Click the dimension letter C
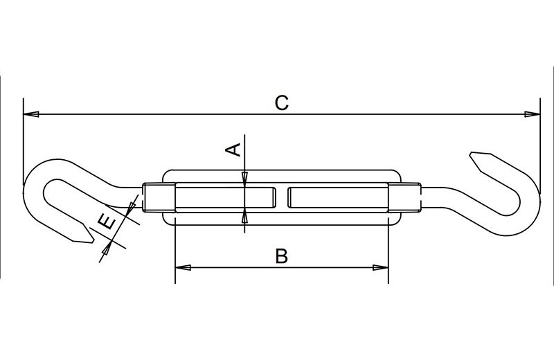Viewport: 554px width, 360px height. pyautogui.click(x=282, y=102)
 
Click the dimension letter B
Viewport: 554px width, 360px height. pyautogui.click(x=282, y=256)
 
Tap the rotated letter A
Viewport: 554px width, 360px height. pyautogui.click(x=233, y=150)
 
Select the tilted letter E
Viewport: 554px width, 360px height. pyautogui.click(x=107, y=224)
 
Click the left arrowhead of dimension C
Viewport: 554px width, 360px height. pyautogui.click(x=30, y=114)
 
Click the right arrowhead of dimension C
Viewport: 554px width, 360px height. pyautogui.click(x=532, y=114)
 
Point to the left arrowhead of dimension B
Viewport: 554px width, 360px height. pyautogui.click(x=183, y=267)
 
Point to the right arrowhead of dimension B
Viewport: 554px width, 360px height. pyautogui.click(x=380, y=267)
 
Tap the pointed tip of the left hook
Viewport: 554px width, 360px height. pyautogui.click(x=93, y=241)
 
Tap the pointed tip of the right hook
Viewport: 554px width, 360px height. pyautogui.click(x=470, y=154)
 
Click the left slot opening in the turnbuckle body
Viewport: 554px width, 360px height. pyautogui.click(x=226, y=197)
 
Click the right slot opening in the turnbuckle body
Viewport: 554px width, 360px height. pyautogui.click(x=338, y=197)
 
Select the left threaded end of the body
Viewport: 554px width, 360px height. pyautogui.click(x=159, y=197)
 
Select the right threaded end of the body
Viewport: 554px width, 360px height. pyautogui.click(x=404, y=197)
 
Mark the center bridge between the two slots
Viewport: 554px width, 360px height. pyautogui.click(x=282, y=197)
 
